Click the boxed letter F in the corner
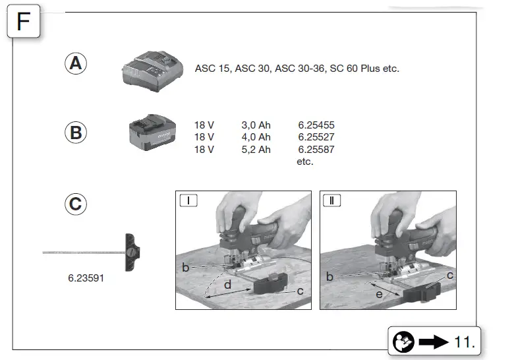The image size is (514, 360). click(23, 22)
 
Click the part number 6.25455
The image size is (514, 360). click(316, 125)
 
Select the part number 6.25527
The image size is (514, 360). click(316, 137)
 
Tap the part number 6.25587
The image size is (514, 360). click(316, 150)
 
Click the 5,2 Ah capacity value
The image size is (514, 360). click(256, 150)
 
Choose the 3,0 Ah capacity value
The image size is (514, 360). click(256, 125)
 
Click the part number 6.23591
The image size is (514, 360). click(86, 278)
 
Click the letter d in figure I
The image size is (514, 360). click(227, 285)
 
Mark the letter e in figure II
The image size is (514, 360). click(378, 294)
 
